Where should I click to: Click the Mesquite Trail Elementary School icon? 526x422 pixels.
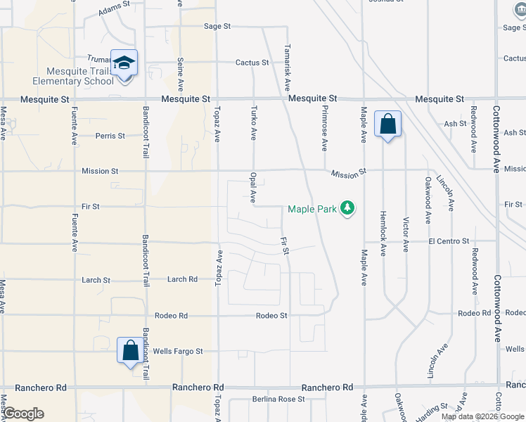tap(124, 63)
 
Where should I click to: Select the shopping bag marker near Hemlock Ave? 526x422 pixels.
tap(387, 124)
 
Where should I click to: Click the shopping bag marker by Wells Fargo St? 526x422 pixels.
tap(130, 350)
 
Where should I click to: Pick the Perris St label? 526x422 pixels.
tap(110, 135)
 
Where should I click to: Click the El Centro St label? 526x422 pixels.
tap(449, 241)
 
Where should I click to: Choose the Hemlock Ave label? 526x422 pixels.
tap(383, 233)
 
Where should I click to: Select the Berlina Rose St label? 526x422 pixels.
tap(279, 399)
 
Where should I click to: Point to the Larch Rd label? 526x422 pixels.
tap(182, 279)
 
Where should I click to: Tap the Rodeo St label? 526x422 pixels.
tap(271, 316)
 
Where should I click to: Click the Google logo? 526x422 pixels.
tap(24, 413)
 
